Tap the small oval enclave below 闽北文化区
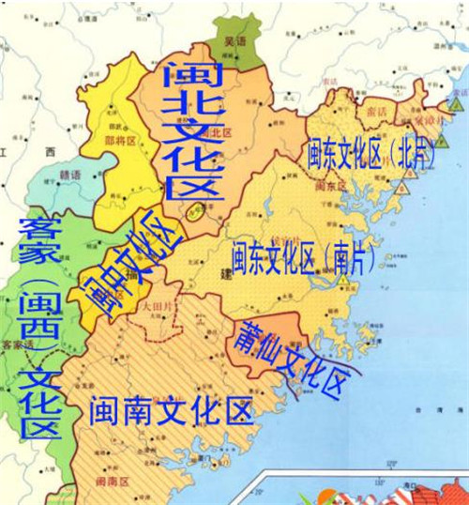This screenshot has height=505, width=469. (x=195, y=211)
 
